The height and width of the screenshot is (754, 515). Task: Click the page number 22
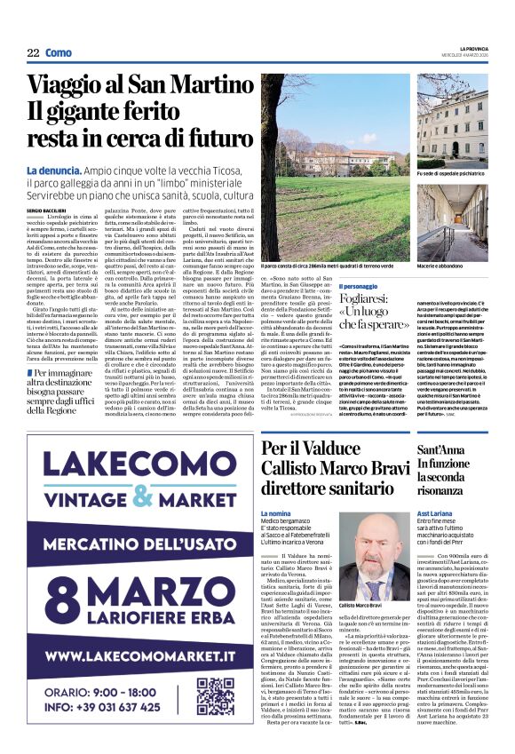coord(33,53)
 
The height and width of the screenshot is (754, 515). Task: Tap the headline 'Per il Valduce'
coord(310,450)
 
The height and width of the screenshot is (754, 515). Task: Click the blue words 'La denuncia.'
coord(56,170)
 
